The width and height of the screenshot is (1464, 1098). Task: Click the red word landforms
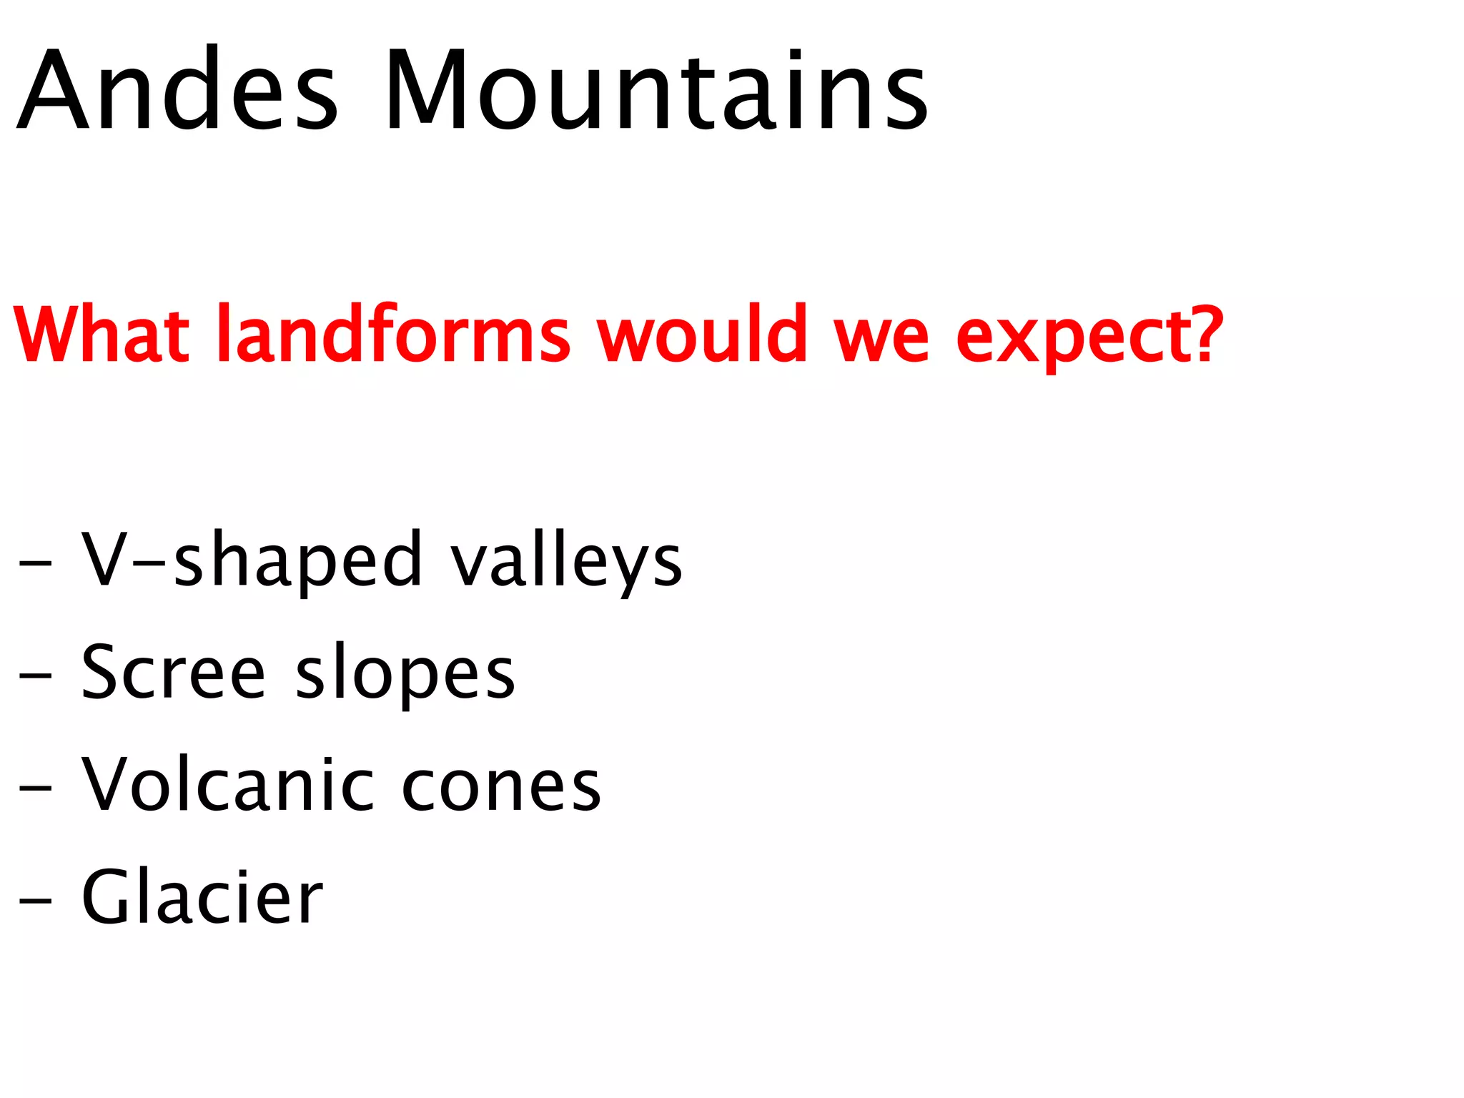coord(393,334)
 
